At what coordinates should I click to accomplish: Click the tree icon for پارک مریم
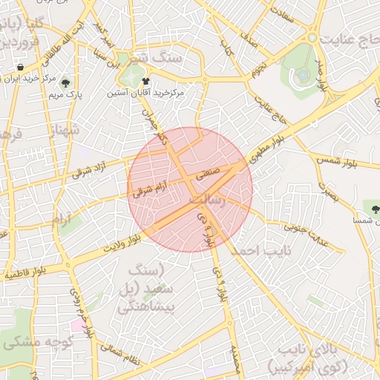pos(66,84)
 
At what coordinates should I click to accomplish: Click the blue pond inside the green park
pos(302,74)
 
